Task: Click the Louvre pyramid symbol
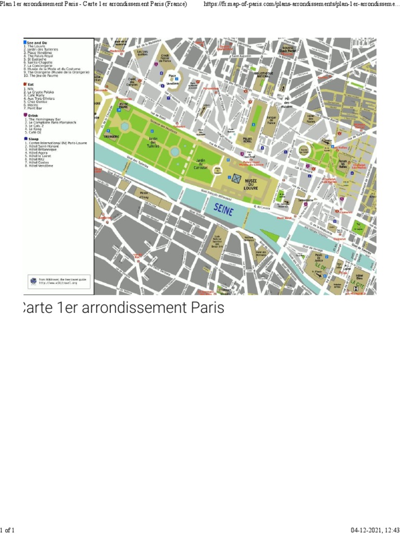pos(236,178)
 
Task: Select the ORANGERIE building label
pos(111,137)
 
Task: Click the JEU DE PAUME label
pos(123,107)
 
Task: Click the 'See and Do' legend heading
pos(35,42)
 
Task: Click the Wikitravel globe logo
pos(34,281)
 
